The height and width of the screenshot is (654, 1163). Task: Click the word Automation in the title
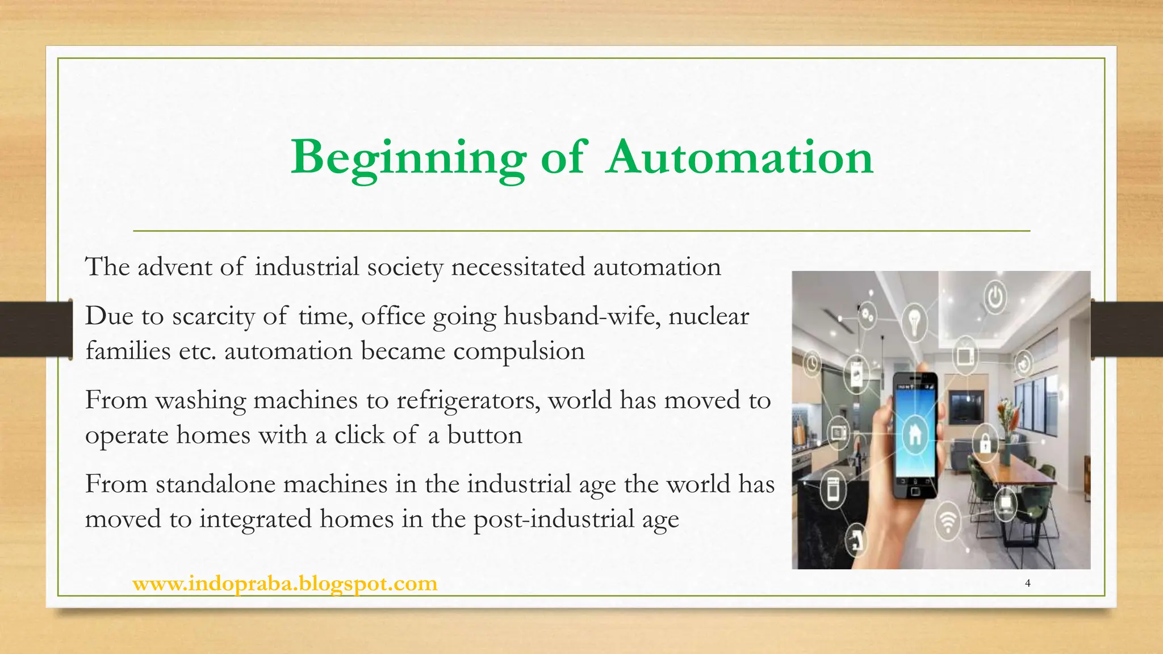[739, 157]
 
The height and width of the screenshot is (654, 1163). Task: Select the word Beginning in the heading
[408, 158]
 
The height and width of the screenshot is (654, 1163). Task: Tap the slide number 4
[1027, 583]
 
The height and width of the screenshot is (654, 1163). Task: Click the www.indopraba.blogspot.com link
[285, 584]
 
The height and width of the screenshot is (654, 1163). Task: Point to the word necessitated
[517, 267]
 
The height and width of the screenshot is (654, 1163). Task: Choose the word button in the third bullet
[484, 435]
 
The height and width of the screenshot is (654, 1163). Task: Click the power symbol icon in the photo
[994, 297]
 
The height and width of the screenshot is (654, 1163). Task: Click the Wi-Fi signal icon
[947, 521]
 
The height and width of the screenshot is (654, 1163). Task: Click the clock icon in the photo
[813, 363]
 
